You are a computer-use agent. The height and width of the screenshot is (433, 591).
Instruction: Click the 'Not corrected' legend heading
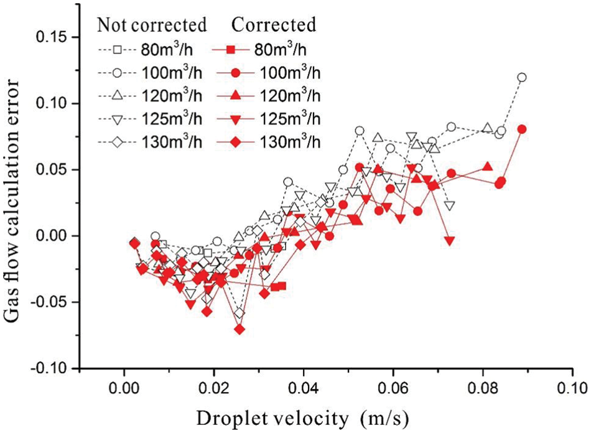[x=151, y=25]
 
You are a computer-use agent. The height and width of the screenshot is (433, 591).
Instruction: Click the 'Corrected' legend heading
[x=274, y=25]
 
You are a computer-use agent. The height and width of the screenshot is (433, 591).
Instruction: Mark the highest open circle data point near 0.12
[x=522, y=78]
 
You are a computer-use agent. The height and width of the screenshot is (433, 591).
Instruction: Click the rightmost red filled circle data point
[x=522, y=129]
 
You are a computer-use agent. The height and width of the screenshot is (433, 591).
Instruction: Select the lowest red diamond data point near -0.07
[x=240, y=329]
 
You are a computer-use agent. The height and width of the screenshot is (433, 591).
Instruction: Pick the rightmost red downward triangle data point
[x=450, y=240]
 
